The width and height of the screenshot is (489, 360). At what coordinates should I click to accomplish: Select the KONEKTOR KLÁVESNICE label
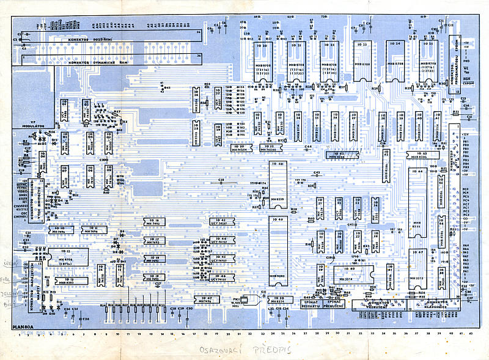pos(433,304)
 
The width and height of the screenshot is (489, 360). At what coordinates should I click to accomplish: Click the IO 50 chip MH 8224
pos(276,300)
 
